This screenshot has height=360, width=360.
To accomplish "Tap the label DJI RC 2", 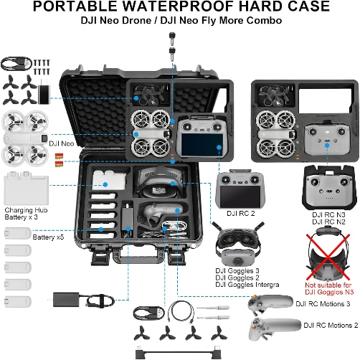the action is coord(241,213).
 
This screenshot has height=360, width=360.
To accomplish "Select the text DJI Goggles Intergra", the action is coord(247,285).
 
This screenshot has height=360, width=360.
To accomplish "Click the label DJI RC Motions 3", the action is coord(323,304).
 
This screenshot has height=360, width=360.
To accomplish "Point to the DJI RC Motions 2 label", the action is coord(331,326).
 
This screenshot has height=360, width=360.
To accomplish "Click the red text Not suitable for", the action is coord(328,285).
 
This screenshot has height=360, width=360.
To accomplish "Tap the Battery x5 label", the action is coord(48,237).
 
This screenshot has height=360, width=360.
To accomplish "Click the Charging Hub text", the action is coord(26,210).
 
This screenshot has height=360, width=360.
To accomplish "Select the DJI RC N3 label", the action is coord(328,214).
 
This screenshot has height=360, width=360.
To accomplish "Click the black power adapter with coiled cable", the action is coord(82,300).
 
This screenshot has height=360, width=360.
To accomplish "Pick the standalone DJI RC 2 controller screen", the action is coord(240,196).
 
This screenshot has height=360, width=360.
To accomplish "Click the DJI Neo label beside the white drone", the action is coord(62,143).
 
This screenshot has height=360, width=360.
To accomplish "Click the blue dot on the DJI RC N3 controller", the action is coord(327,145).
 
